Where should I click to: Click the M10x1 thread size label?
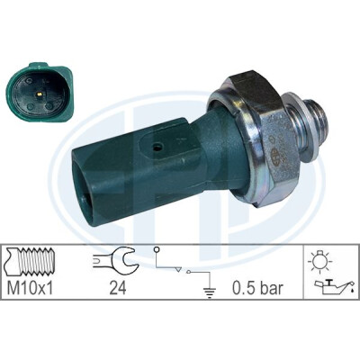(30, 288)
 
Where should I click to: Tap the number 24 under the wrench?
(118, 288)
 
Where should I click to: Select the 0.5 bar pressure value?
(257, 288)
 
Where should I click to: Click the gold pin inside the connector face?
(40, 94)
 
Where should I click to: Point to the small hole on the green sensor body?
(157, 147)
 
